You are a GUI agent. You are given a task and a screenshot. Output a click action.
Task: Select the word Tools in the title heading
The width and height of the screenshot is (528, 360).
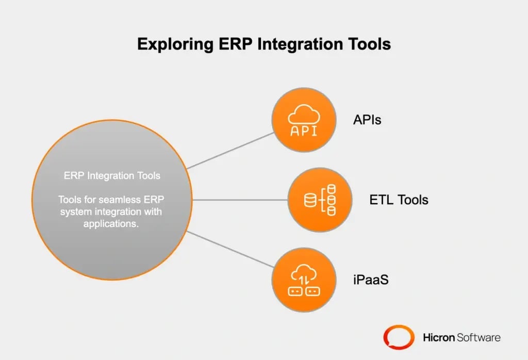(368, 44)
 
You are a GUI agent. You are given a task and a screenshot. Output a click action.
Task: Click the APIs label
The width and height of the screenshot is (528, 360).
(367, 120)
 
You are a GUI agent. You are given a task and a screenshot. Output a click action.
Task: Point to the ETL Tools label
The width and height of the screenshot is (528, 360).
(399, 200)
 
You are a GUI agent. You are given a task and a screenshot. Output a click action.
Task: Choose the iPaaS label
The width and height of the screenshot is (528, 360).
(370, 280)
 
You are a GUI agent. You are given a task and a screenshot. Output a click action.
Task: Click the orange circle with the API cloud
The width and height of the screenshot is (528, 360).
(304, 120)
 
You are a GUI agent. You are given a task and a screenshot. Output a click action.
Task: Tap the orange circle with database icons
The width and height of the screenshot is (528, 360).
(320, 200)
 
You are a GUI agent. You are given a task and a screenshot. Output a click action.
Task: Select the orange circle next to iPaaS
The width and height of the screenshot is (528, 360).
(304, 280)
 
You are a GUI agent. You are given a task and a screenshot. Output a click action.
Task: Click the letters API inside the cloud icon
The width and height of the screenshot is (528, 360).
(304, 130)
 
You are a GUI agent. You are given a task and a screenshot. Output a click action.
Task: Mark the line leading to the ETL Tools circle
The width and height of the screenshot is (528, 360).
(240, 200)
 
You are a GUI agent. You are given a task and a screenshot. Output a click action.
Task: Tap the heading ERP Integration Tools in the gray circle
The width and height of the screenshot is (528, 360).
(112, 176)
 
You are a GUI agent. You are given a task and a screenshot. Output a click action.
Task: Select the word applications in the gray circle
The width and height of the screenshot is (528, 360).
(112, 223)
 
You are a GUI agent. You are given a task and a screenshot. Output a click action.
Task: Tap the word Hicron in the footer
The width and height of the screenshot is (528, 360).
(438, 338)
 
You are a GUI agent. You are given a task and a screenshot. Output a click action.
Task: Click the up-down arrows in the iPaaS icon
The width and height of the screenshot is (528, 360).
(304, 280)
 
